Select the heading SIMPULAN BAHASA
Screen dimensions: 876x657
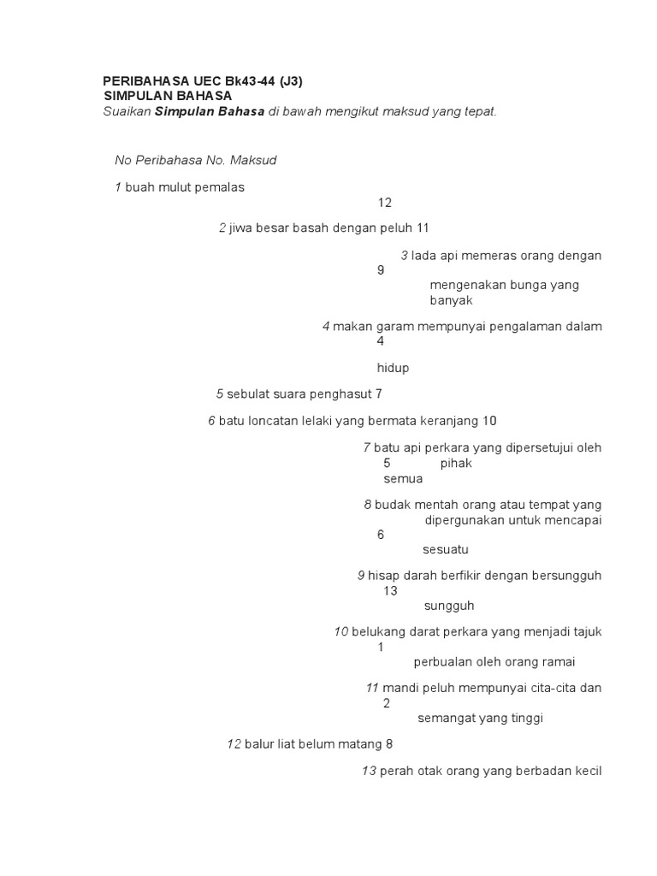tap(168, 96)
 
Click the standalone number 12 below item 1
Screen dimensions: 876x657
tap(384, 203)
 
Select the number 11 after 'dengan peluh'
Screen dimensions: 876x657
tap(422, 228)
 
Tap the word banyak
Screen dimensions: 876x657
tap(451, 300)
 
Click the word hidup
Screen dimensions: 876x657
tap(393, 368)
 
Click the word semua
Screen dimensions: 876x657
tap(403, 479)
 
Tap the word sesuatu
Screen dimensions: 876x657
tap(446, 549)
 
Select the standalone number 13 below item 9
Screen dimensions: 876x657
tap(391, 590)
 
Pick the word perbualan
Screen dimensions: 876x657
tap(442, 661)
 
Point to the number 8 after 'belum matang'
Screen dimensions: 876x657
tap(388, 744)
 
